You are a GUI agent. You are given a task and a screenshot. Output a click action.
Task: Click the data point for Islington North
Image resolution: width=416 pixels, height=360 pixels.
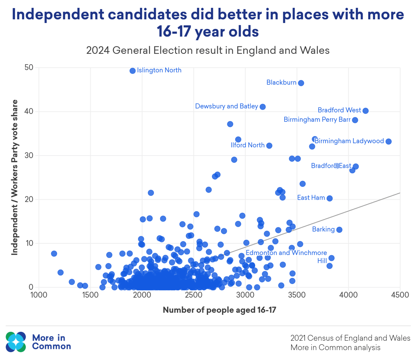[133, 71]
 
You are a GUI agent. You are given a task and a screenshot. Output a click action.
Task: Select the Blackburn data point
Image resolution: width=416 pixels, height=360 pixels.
[301, 83]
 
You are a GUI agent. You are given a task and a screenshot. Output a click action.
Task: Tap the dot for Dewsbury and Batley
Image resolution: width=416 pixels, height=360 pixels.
[263, 107]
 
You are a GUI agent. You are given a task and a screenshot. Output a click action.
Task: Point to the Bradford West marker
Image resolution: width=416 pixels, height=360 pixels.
[365, 111]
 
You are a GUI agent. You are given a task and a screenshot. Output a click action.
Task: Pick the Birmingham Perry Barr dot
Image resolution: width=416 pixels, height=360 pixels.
[355, 120]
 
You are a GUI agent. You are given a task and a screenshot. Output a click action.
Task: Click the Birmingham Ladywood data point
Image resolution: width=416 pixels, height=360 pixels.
[389, 141]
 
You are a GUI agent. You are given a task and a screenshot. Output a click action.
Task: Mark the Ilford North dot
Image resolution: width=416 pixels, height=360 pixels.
[269, 145]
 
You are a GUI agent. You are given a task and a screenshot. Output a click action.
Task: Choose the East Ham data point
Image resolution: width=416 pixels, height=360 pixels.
[329, 198]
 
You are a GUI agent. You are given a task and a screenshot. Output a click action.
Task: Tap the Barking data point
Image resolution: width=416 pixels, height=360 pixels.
[339, 230]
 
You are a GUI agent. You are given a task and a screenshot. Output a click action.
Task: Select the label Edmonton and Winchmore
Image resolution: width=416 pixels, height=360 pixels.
[286, 253]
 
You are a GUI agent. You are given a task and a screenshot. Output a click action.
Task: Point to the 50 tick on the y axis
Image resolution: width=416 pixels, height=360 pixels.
[29, 68]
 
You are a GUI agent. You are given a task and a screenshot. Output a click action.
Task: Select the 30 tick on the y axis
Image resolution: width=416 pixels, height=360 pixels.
[29, 156]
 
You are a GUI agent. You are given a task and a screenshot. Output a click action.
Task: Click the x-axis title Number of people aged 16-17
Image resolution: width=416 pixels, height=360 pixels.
[219, 310]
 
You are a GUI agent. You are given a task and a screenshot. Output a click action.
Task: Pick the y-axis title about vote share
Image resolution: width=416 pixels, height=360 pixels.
[14, 177]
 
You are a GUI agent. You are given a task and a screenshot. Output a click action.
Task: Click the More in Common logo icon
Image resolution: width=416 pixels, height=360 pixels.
[16, 342]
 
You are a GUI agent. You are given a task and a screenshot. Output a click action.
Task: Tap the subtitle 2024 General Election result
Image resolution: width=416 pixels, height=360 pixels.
[208, 50]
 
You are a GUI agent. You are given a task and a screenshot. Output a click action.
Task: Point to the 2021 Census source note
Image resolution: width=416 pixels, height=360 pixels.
[350, 338]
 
